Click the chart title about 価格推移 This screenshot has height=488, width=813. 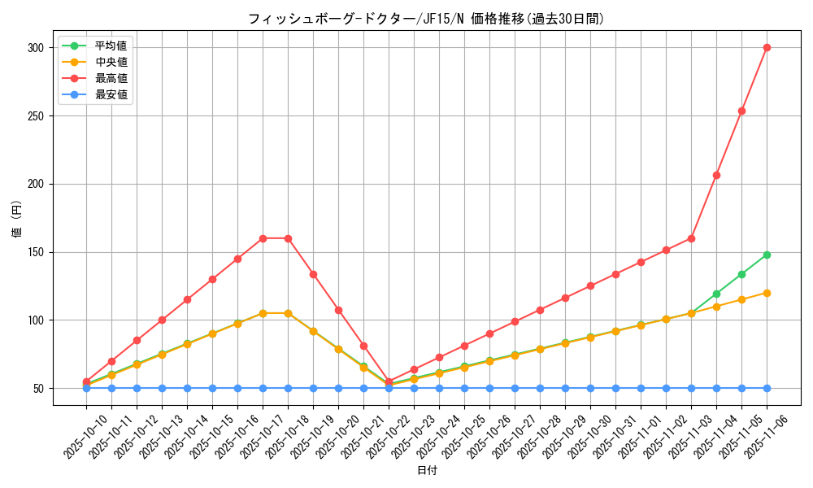[426, 19]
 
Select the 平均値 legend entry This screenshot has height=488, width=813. [111, 46]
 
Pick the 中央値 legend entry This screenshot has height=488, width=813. [111, 62]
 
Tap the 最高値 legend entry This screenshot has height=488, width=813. [111, 78]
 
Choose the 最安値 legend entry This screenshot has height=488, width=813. [111, 94]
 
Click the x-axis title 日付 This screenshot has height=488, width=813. [427, 471]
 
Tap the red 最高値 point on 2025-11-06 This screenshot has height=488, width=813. [767, 47]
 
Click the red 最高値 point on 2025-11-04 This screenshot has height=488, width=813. [716, 175]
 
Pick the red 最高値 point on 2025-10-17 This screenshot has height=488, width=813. [263, 238]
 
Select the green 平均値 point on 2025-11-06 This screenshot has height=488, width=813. [767, 255]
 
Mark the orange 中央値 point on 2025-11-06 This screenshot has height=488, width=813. [767, 293]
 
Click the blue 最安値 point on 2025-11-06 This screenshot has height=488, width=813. [767, 388]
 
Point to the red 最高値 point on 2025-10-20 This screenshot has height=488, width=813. [338, 310]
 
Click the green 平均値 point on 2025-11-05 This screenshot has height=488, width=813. [741, 274]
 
